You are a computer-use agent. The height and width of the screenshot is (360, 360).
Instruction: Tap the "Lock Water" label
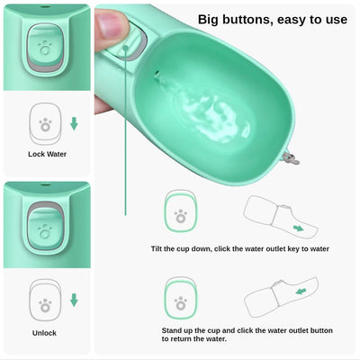[46, 154]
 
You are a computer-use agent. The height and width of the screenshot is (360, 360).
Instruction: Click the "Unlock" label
[46, 331]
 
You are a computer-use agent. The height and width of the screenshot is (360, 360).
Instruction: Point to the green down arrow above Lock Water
[74, 122]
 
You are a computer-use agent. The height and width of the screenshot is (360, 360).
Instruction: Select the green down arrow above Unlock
[74, 300]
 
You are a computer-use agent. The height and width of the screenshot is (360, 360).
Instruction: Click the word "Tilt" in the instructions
[159, 247]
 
